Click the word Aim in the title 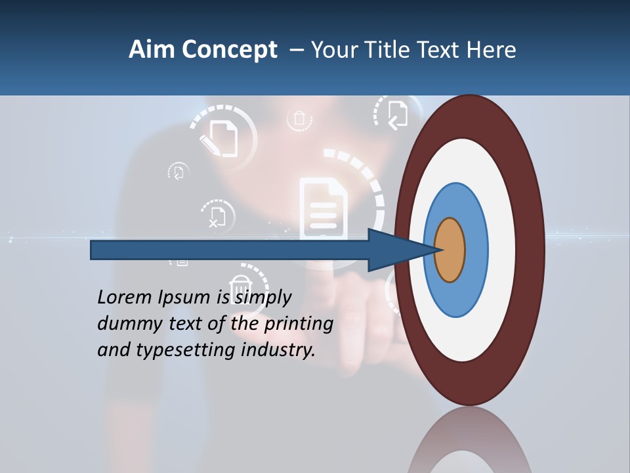(x=152, y=50)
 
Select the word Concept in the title (x=230, y=50)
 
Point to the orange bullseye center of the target (x=450, y=250)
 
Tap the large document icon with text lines (x=324, y=208)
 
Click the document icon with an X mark (x=217, y=215)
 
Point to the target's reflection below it (x=469, y=443)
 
